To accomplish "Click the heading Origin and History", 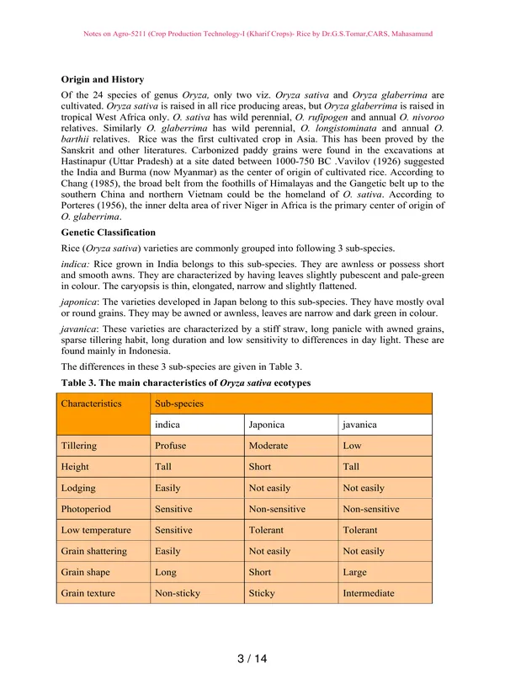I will (x=103, y=80).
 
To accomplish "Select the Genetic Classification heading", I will (x=109, y=232).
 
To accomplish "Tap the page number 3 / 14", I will (x=252, y=658).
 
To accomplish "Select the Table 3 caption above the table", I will (x=186, y=383).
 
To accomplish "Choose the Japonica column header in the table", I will (x=268, y=425).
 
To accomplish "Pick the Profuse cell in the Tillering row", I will (x=171, y=446).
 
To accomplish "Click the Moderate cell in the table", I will (x=268, y=446).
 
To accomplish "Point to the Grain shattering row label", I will (x=94, y=551).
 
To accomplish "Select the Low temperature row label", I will (x=96, y=530).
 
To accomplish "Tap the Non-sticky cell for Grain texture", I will (x=178, y=593).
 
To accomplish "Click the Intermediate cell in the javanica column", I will (x=369, y=593).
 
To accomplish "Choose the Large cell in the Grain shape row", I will (x=356, y=572).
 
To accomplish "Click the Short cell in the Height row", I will (x=261, y=467).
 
